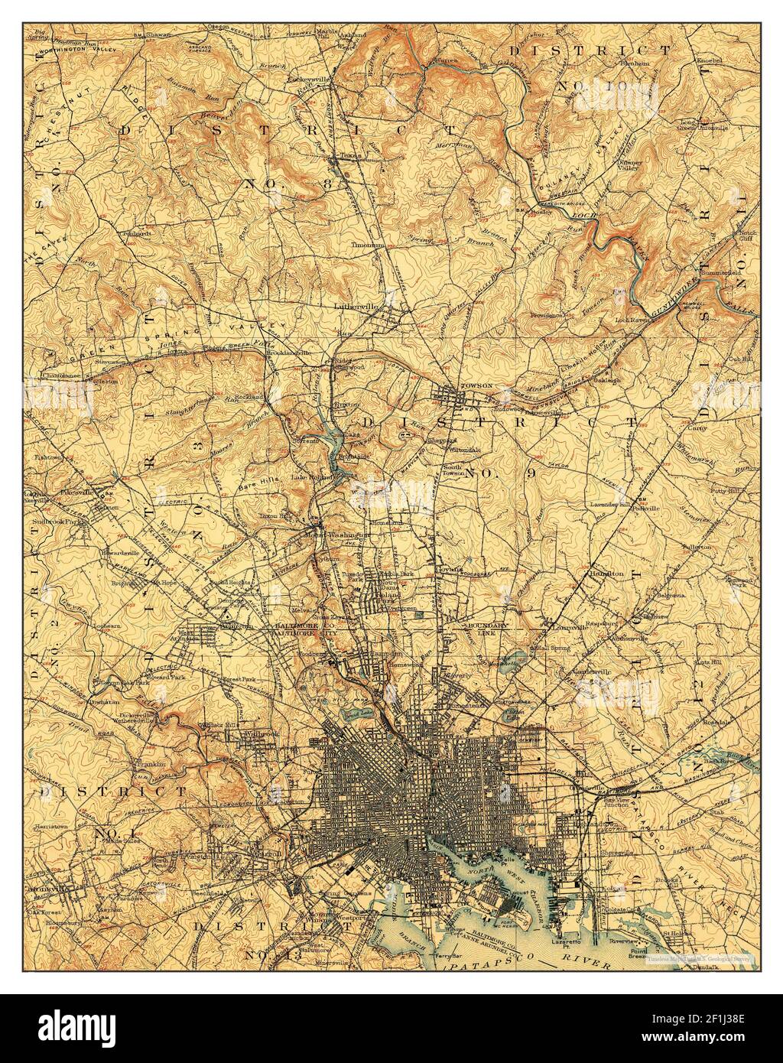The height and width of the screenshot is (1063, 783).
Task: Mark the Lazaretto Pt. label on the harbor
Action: coord(567,944)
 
